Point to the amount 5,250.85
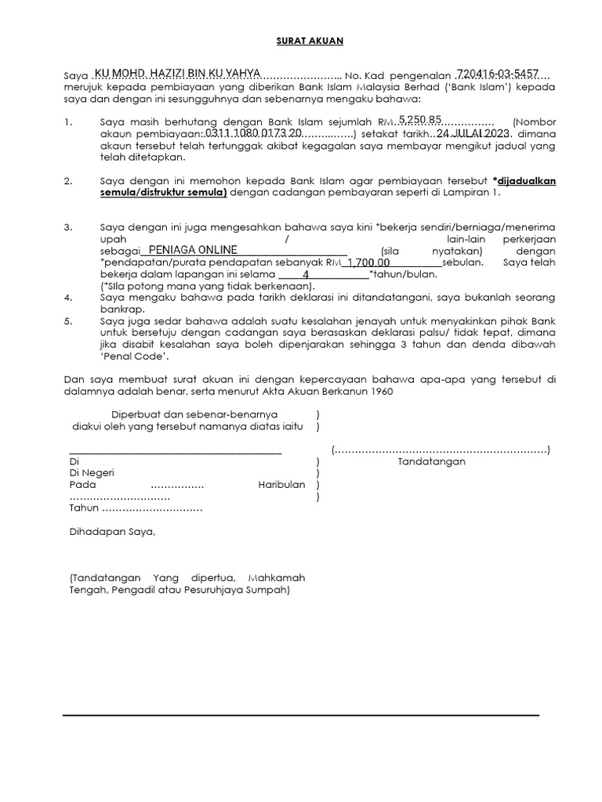(x=420, y=120)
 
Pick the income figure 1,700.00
(x=368, y=262)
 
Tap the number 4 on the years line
(x=306, y=275)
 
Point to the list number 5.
(x=70, y=321)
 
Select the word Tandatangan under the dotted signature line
(x=432, y=461)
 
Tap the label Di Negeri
(x=92, y=473)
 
